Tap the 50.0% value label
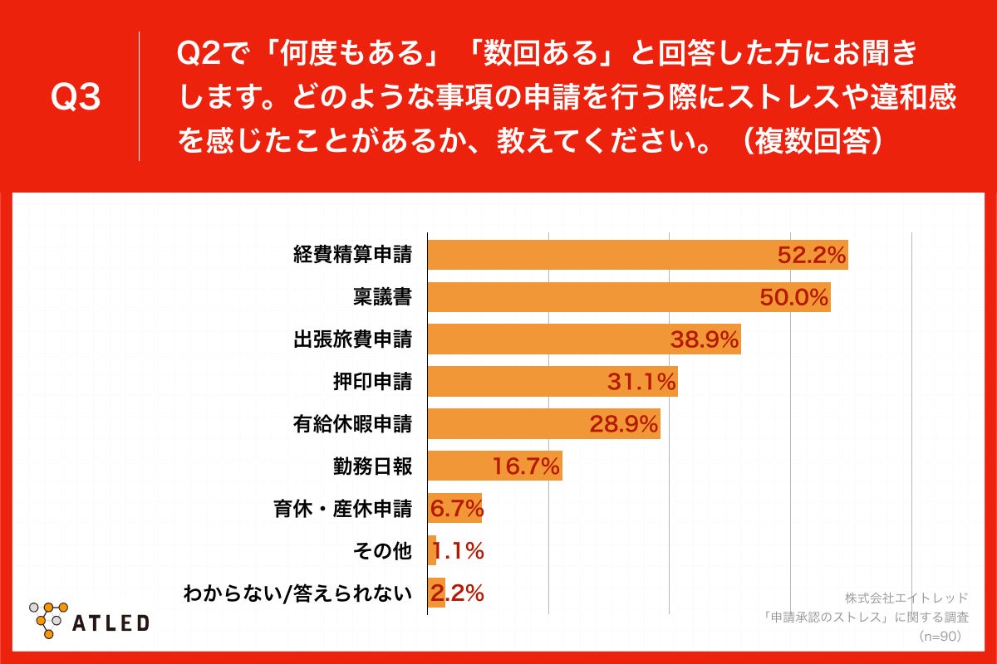coord(794,297)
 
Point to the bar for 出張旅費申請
coord(548,339)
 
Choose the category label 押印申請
coord(371,381)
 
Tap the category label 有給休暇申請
coord(352,424)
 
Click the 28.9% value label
coord(624,424)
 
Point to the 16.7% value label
coord(526,466)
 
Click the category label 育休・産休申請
coord(342,509)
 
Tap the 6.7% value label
coord(456,509)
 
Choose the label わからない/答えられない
coord(297,593)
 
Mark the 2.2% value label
coord(457,593)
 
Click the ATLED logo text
coord(111,622)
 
